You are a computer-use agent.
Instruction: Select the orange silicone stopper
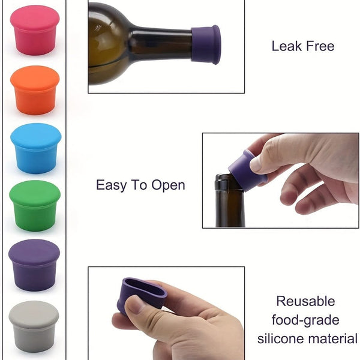pos(35,89)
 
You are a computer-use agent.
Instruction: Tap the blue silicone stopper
pos(35,148)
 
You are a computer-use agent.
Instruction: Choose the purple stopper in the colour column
pos(34,264)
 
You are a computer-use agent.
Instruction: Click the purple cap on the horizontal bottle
pos(206,44)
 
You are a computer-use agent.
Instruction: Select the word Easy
pos(112,185)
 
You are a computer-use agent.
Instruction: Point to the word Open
pos(167,185)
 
